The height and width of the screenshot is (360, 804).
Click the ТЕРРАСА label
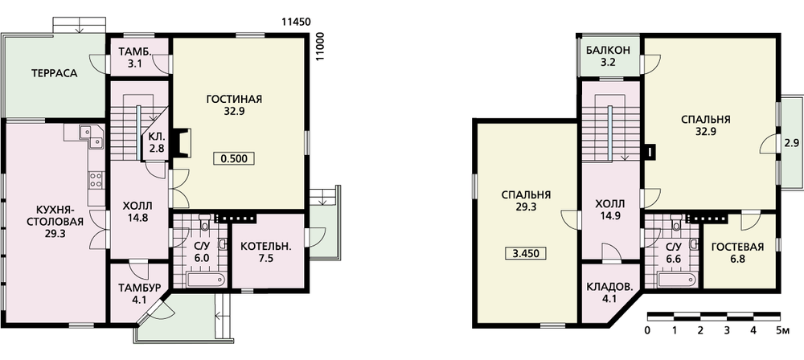pos(54,73)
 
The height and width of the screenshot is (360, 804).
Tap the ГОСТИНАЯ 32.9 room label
pos(234,104)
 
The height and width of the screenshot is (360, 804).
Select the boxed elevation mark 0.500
pos(234,159)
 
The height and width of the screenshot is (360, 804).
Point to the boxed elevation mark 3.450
pos(526,253)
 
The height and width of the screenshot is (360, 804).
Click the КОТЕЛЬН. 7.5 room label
pos(266,252)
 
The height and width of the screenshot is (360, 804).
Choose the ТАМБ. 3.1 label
pos(135,57)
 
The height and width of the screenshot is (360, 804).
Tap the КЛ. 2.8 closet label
pos(157,143)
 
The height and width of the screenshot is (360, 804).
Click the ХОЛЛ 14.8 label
pos(138,211)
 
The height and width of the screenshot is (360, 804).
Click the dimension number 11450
pos(297,22)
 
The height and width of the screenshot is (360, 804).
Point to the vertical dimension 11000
pos(321,47)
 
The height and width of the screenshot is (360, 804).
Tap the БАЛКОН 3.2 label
pos(609,57)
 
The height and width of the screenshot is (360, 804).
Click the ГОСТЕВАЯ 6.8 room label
pos(738,253)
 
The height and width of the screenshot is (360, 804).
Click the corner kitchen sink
pos(92,135)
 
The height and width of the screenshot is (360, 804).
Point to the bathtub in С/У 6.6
pos(677,280)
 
